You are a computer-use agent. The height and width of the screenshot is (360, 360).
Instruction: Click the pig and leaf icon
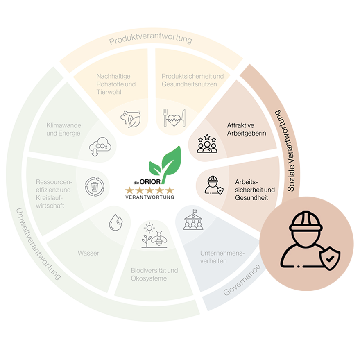[x=130, y=119]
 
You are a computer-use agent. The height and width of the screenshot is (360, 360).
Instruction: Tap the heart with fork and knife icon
[x=174, y=118]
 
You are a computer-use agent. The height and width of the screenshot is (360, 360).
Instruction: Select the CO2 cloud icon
[x=100, y=147]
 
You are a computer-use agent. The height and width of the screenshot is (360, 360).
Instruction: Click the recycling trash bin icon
[x=95, y=187]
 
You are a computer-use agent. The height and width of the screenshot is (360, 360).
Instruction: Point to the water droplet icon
[x=116, y=222]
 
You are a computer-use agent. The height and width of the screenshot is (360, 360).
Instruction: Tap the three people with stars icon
[x=207, y=143]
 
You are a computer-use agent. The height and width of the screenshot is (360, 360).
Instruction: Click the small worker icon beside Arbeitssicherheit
[x=214, y=185]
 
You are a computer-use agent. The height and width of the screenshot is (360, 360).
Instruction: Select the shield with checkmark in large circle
[x=330, y=258]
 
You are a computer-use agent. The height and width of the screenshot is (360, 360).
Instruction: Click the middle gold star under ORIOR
[x=150, y=190]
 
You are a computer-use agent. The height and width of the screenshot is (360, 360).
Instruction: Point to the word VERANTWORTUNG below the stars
[x=150, y=197]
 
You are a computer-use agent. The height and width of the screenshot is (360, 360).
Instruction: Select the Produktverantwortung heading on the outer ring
[x=151, y=39]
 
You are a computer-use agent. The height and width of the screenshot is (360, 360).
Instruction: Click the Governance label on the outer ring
[x=242, y=280]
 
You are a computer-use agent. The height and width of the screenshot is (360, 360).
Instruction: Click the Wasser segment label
[x=88, y=253]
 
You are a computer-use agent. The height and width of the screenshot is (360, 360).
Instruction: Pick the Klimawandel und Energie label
[x=65, y=129]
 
